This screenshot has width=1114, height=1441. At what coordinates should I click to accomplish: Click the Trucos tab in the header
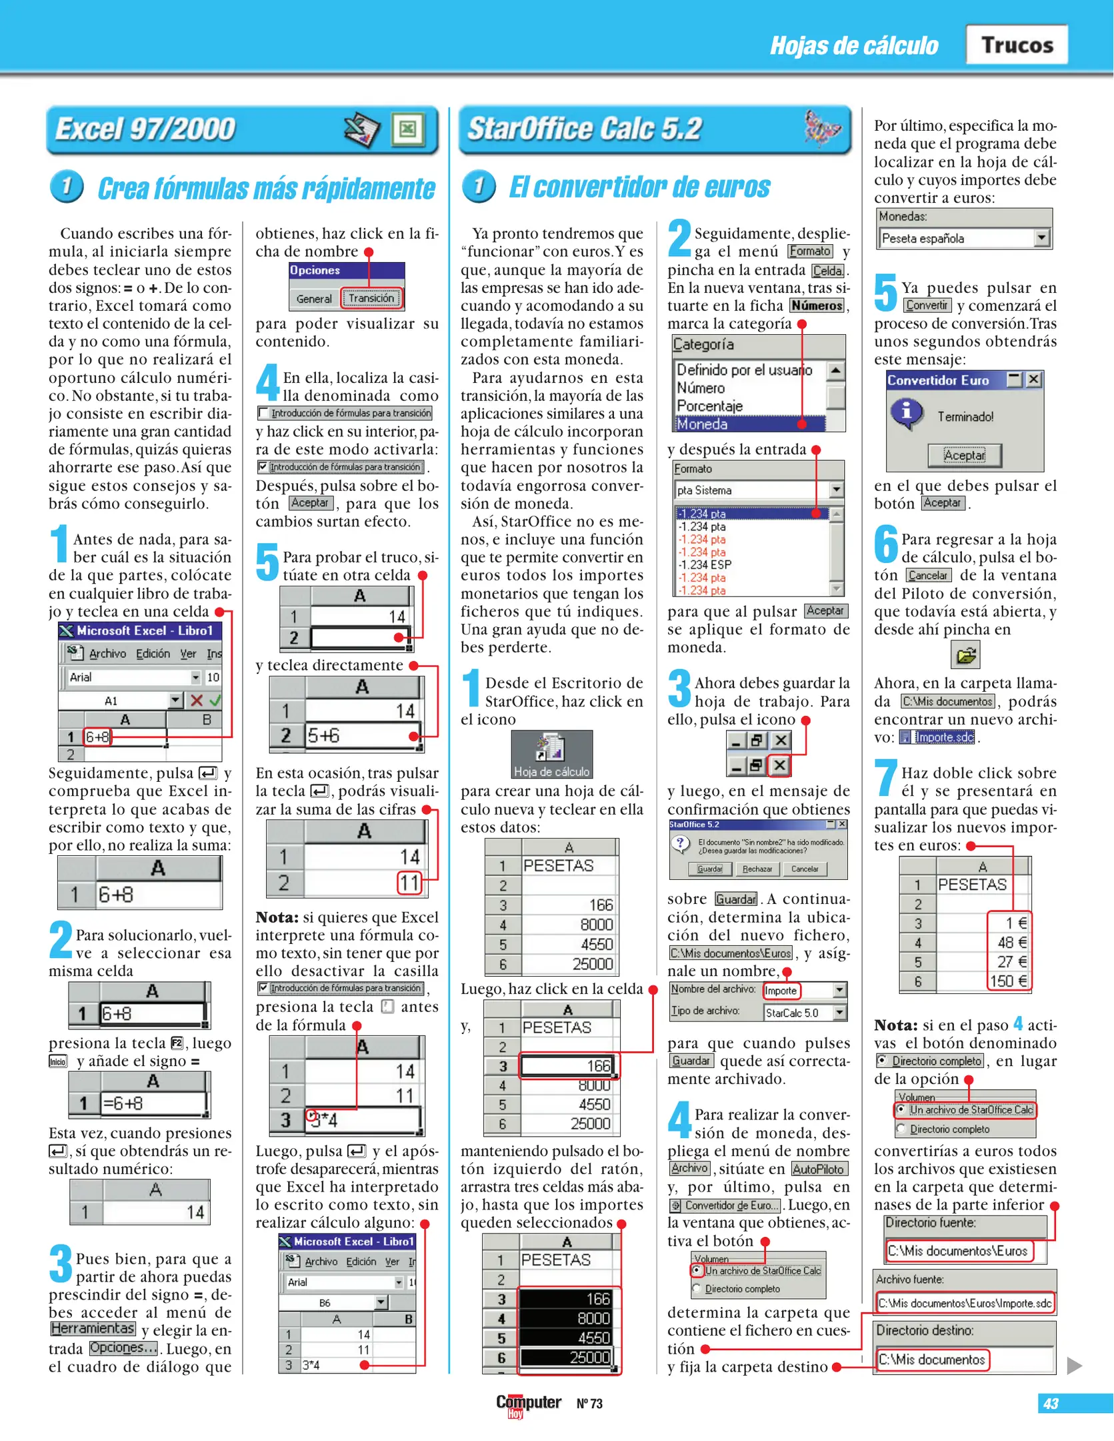(x=1017, y=45)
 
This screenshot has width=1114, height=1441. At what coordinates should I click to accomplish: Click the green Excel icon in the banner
(x=408, y=128)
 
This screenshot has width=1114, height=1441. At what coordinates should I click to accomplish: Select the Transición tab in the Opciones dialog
(x=371, y=298)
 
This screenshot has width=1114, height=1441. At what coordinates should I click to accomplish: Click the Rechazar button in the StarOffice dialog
(x=757, y=869)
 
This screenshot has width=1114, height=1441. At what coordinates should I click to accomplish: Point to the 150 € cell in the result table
(x=1009, y=981)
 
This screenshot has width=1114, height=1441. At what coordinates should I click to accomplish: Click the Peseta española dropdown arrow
(x=1041, y=238)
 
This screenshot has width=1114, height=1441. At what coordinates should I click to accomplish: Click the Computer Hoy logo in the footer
(x=528, y=1403)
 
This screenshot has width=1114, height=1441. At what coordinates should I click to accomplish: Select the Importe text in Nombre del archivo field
(x=781, y=991)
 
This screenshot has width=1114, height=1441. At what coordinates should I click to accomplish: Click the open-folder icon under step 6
(x=965, y=655)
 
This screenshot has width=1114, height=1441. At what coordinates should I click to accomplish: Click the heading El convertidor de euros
(x=639, y=187)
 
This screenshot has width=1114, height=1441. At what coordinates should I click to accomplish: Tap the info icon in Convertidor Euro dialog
(x=907, y=412)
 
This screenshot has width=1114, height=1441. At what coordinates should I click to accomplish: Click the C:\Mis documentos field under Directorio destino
(x=931, y=1359)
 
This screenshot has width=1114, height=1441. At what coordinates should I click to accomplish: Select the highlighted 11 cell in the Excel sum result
(x=409, y=883)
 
